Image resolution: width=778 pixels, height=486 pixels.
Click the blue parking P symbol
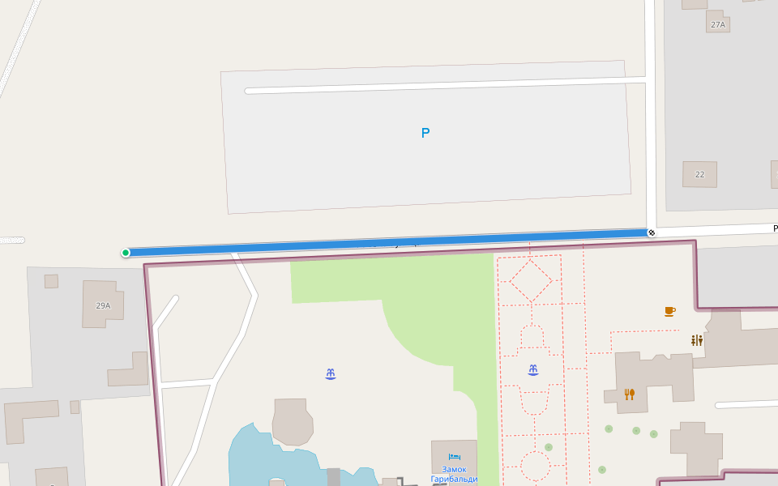point(425,133)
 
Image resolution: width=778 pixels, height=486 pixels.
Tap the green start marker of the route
point(126,253)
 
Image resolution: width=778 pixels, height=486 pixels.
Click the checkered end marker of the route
point(652,233)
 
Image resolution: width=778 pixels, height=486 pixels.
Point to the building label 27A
point(718,25)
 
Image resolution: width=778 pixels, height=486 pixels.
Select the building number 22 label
point(699,175)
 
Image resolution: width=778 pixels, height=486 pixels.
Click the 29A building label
point(103,305)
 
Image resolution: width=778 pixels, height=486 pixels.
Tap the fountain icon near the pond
point(331,374)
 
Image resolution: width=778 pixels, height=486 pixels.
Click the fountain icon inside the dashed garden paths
point(533,370)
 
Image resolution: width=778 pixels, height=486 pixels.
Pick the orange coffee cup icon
point(669,311)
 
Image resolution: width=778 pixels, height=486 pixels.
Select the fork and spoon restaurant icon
point(629,394)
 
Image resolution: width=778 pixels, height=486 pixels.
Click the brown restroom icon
point(696,340)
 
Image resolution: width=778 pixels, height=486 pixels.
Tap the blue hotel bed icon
point(454,458)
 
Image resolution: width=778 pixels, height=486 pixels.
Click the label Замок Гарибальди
point(454,474)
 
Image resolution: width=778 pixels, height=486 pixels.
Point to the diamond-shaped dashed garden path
point(531,281)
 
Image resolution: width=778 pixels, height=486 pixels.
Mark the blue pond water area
point(251,462)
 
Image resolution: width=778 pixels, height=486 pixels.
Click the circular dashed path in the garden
point(535,467)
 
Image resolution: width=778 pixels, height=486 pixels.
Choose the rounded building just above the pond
point(293,421)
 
